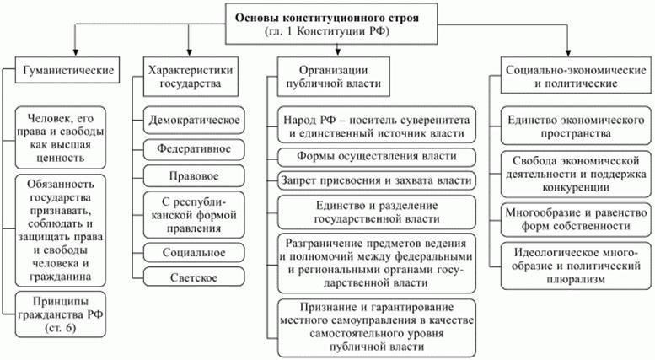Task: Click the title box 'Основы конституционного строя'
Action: (x=327, y=24)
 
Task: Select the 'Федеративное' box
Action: (x=194, y=149)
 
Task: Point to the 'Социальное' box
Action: (x=194, y=252)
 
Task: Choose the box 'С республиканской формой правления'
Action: (x=194, y=214)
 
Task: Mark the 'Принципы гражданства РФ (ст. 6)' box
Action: (x=65, y=315)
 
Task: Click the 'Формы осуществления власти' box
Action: (x=376, y=156)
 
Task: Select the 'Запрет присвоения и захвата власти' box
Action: (x=376, y=180)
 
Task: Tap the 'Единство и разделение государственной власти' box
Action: (x=376, y=212)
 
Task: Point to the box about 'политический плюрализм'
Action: (x=571, y=266)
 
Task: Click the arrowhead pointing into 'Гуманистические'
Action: (x=76, y=51)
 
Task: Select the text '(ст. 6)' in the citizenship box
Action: (x=65, y=330)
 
